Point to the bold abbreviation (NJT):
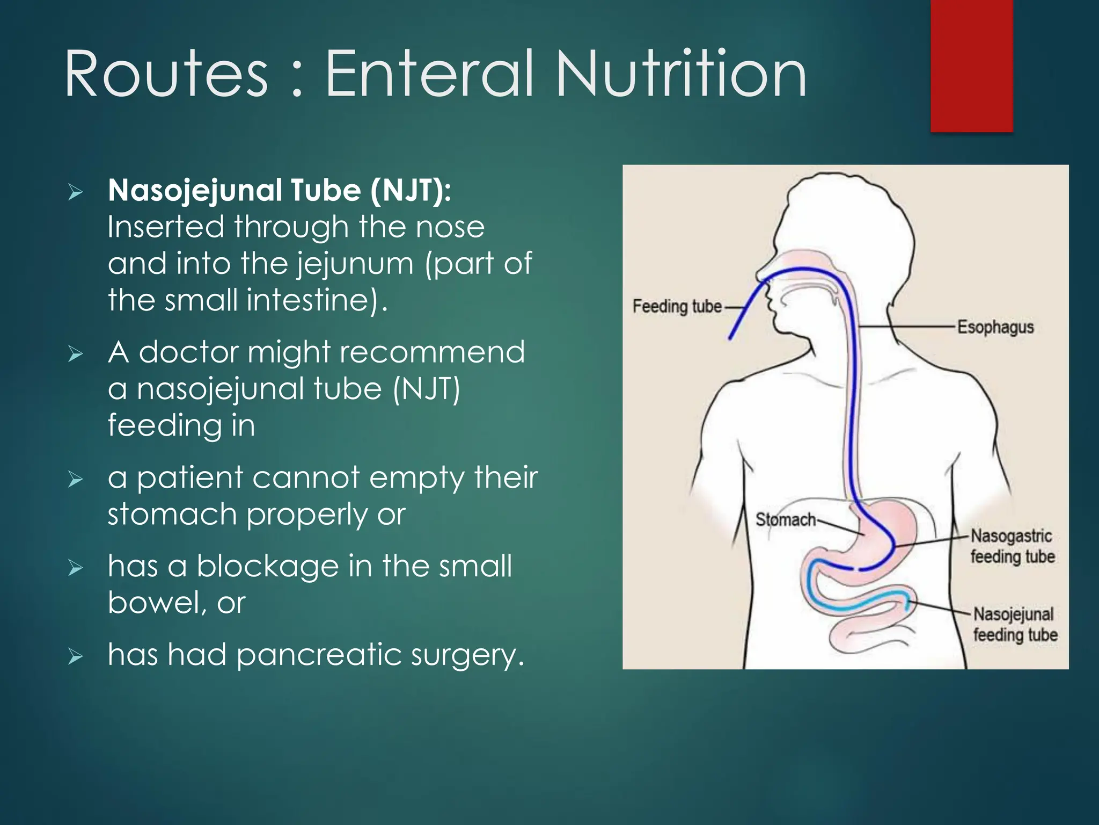411,191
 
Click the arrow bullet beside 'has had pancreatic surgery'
76,656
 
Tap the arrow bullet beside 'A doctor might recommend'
76,354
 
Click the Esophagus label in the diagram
995,327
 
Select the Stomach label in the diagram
785,519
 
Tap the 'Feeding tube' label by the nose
677,307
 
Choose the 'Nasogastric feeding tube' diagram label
1012,546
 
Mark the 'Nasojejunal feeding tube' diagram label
1015,624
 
